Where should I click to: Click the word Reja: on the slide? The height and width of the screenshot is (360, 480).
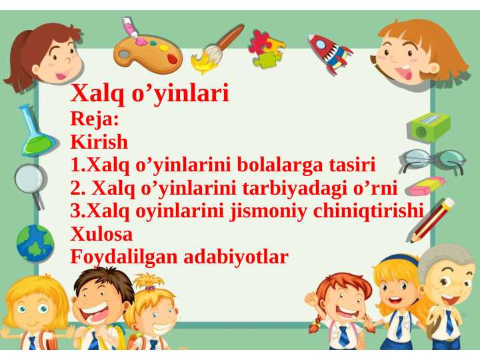coord(95,120)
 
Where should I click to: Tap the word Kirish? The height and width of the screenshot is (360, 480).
coord(99,143)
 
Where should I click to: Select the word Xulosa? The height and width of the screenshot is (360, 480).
coord(101,234)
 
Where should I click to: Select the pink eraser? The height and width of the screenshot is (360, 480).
coord(426,185)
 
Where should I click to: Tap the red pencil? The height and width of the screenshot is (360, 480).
coord(431,219)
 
